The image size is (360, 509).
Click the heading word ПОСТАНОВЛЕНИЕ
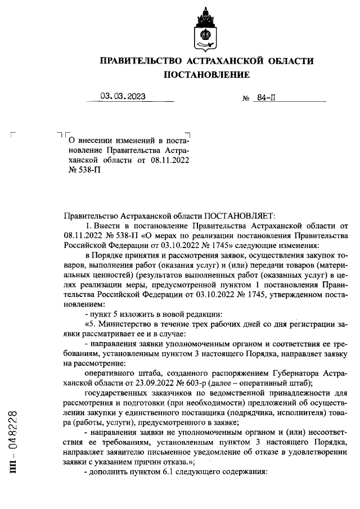tap(206, 74)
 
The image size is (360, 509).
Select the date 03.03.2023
tap(123, 96)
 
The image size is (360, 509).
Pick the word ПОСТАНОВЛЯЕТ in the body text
tap(237, 215)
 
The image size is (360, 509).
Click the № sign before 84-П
tap(246, 98)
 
